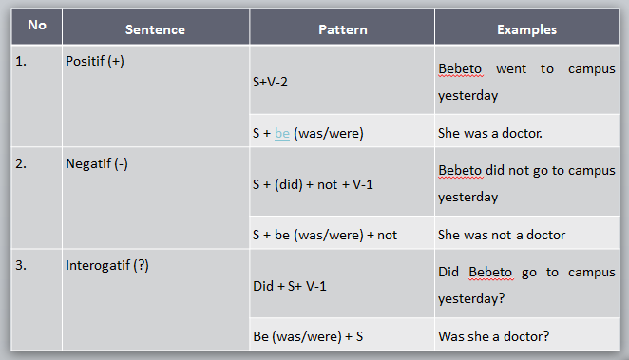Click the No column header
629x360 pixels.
37,25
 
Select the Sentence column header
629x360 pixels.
154,29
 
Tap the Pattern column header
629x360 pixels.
342,29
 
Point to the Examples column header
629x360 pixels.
526,29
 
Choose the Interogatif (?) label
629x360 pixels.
106,265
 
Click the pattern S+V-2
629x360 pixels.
270,82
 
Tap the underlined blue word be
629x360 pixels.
282,134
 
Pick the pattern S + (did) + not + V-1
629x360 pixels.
313,183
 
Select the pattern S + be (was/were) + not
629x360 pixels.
324,235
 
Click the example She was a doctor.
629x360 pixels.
489,134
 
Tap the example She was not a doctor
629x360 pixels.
501,235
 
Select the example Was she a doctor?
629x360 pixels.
493,336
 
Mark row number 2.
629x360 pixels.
21,162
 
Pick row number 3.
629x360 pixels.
21,265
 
